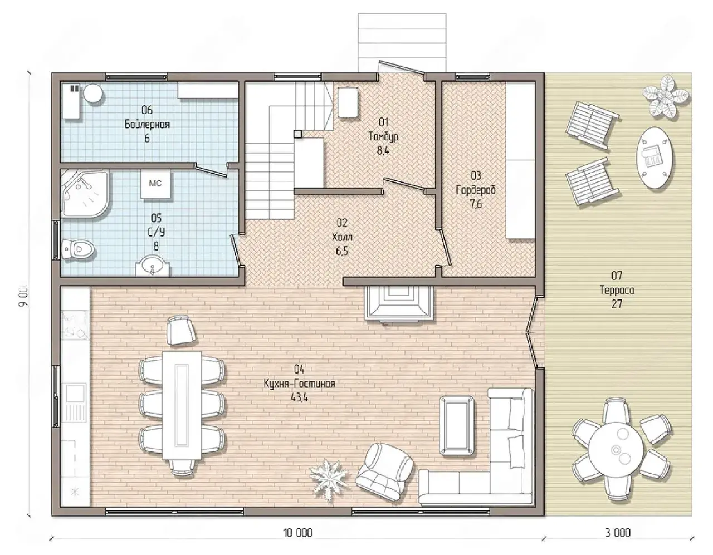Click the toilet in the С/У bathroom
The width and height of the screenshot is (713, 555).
click(x=78, y=249)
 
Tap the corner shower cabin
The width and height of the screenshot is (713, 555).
click(x=85, y=193)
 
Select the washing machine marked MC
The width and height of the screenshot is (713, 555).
click(x=155, y=184)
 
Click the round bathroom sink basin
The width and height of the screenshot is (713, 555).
click(x=154, y=266)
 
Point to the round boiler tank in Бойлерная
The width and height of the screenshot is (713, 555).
click(x=93, y=94)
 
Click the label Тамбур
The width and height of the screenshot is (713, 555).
click(x=383, y=136)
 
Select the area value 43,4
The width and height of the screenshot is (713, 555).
click(x=299, y=397)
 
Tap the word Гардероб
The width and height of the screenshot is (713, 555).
click(x=476, y=190)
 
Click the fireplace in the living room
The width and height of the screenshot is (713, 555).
click(x=399, y=303)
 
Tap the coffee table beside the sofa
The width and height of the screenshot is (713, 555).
click(x=457, y=425)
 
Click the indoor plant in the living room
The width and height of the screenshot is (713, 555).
click(x=329, y=480)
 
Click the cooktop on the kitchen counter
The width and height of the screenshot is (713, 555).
click(x=75, y=326)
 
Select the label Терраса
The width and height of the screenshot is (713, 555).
click(x=617, y=290)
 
